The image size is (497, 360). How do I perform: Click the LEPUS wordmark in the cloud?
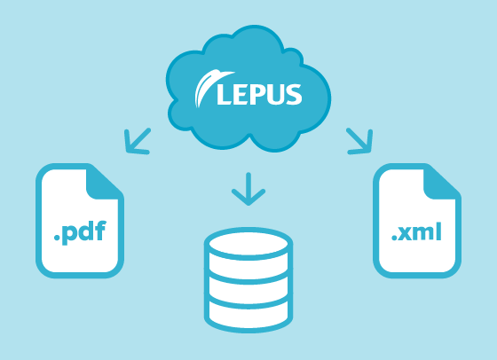click(259, 94)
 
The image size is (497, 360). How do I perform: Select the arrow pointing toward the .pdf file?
click(137, 142)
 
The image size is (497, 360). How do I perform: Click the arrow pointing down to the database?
click(248, 189)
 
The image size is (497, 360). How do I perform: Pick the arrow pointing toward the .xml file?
click(359, 142)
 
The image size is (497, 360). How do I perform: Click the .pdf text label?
click(80, 232)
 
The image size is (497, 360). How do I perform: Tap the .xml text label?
click(416, 231)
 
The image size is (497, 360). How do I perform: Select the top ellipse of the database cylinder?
click(248, 244)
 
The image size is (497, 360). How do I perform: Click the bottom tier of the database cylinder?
click(248, 315)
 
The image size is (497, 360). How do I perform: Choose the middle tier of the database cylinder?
click(248, 290)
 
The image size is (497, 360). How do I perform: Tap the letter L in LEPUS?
click(225, 94)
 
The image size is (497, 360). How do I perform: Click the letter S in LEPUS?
click(294, 94)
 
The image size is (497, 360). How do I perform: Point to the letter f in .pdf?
click(100, 231)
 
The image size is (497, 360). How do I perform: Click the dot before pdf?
click(58, 238)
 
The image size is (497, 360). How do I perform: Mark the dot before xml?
click(395, 238)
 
